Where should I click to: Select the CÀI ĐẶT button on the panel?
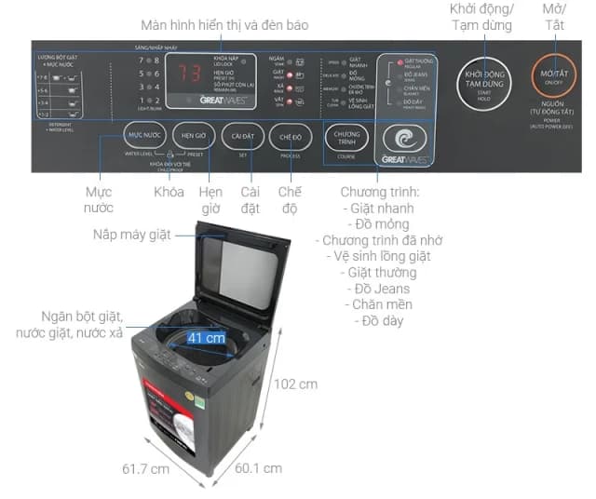tap(243, 136)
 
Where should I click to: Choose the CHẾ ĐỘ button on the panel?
tap(291, 137)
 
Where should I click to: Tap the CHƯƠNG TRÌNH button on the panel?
tap(346, 137)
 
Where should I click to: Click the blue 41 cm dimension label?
tap(207, 337)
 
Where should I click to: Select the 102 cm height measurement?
tap(295, 384)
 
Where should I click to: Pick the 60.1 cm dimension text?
tap(259, 467)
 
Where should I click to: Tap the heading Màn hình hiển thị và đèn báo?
tap(223, 24)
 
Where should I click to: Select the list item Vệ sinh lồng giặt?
tap(378, 255)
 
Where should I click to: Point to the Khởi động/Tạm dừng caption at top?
tap(481, 18)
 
